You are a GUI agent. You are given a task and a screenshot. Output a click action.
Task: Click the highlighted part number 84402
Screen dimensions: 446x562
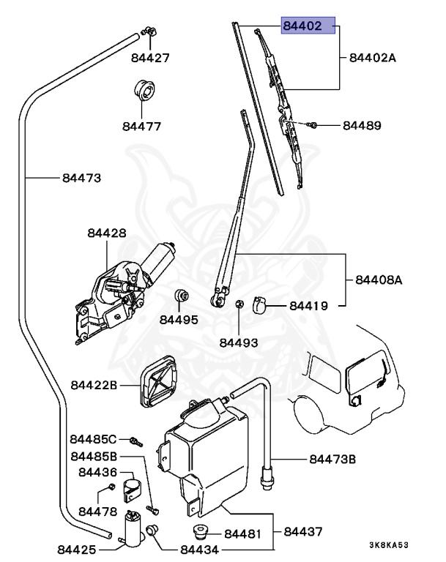point(302,26)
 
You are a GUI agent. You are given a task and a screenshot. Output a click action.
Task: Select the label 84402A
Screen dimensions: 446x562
point(373,58)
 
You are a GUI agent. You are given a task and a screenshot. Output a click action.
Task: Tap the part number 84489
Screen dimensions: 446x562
point(362,125)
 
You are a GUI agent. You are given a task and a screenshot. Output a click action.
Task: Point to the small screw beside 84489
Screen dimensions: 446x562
point(312,125)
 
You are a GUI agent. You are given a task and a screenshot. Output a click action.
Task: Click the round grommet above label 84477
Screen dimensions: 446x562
point(144,90)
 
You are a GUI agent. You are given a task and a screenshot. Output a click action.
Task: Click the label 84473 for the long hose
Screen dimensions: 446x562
point(82,178)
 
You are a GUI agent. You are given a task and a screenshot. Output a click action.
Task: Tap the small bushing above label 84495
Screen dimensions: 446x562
point(182,296)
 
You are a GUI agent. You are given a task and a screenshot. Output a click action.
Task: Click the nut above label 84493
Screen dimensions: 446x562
point(239,304)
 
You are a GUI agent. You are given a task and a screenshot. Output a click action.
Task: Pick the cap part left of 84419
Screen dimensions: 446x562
point(260,304)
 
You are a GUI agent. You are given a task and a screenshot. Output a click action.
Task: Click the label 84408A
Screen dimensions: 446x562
point(379,280)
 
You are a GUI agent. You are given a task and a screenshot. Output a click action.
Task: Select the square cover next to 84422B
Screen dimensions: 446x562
point(158,381)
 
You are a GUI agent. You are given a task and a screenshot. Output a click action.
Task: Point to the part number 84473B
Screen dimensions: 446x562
point(332,459)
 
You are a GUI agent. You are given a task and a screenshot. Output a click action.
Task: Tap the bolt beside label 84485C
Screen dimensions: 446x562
point(135,441)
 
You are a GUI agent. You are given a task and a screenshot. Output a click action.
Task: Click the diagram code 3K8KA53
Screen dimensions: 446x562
point(389,545)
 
